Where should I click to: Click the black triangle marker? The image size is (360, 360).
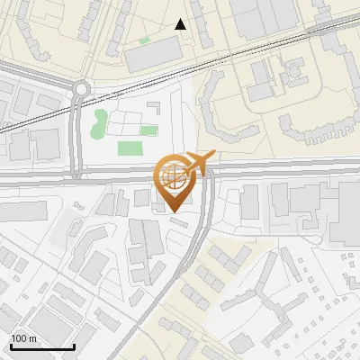tap(181, 24)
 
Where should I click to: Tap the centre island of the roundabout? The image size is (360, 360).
tap(83, 88)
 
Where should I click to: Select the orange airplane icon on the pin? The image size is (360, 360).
tap(199, 163)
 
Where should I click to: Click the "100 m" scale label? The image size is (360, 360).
tap(23, 337)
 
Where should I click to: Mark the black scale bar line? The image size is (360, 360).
tap(41, 347)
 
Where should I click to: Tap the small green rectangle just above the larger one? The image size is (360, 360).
tap(125, 130)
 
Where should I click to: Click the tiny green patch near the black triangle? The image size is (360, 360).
tap(144, 40)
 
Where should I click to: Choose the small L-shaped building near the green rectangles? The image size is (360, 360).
tap(153, 107)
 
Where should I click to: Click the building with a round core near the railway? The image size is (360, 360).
tap(294, 72)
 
